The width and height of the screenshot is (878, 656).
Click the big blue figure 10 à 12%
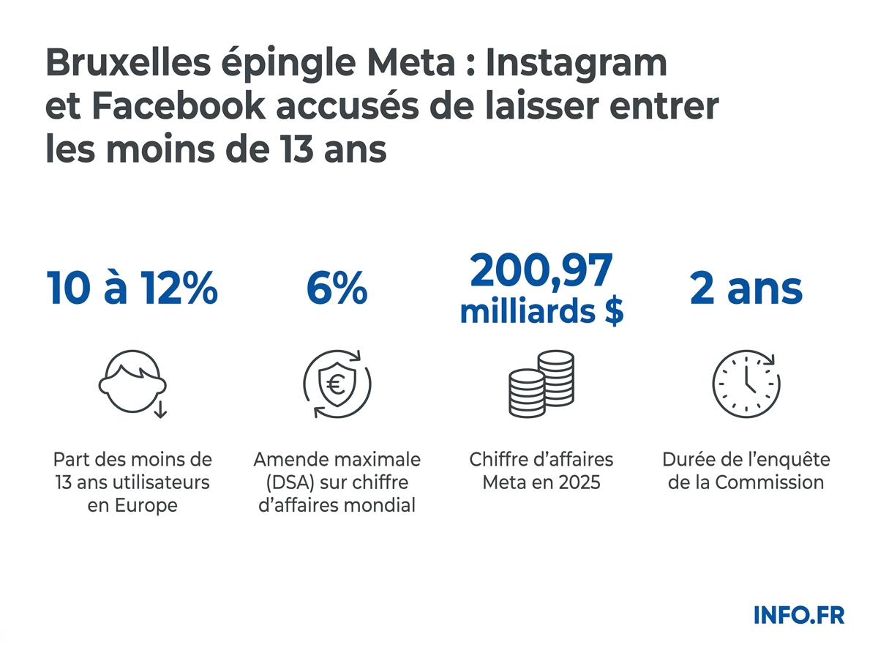[132, 289]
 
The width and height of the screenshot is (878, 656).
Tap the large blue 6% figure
[337, 289]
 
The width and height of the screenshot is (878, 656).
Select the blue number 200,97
[541, 271]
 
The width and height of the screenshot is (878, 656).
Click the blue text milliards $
[541, 311]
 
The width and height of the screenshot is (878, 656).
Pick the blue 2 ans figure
[746, 289]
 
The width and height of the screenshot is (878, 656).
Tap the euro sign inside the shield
[337, 383]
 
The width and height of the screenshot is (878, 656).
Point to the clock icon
[746, 384]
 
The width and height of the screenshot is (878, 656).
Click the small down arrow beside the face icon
[161, 409]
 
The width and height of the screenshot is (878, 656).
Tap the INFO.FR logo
[799, 615]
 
